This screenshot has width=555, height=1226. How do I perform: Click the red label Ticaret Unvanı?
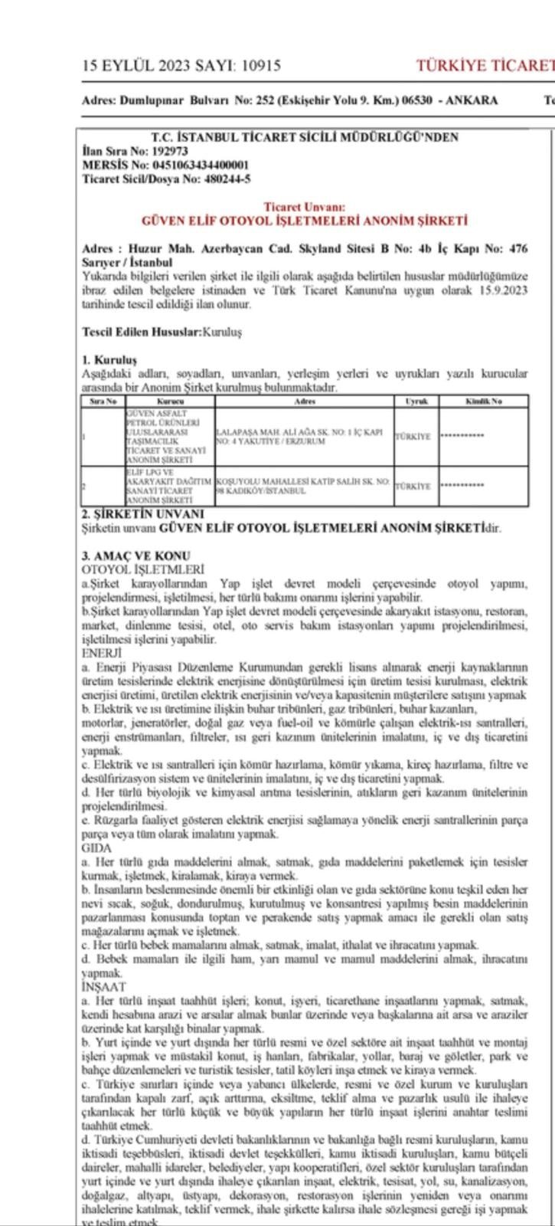click(x=305, y=207)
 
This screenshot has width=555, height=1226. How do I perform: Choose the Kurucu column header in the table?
click(x=170, y=401)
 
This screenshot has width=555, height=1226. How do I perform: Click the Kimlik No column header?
click(x=483, y=401)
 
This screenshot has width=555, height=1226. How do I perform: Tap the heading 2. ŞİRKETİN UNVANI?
click(x=143, y=513)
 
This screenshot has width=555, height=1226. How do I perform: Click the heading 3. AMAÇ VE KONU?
click(x=135, y=556)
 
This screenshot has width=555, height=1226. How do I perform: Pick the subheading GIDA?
click(x=96, y=848)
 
